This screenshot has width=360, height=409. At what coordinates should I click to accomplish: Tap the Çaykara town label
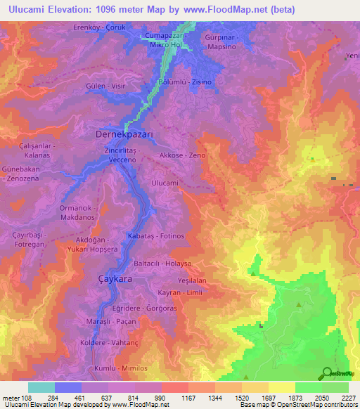[x=114, y=279]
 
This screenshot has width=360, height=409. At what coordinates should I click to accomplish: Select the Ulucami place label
[x=165, y=183]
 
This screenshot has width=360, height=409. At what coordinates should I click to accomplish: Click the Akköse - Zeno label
[x=181, y=155]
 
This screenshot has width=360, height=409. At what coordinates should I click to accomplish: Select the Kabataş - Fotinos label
[x=156, y=235]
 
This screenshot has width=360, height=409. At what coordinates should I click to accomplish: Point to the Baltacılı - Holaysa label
[x=162, y=264]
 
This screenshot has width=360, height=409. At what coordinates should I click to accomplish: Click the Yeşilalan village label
[x=191, y=280]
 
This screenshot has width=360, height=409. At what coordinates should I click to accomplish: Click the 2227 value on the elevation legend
[x=349, y=398]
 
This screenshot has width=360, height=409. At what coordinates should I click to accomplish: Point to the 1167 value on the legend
[x=189, y=398]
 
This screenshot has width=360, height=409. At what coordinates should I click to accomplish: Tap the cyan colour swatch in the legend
[x=41, y=387]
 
